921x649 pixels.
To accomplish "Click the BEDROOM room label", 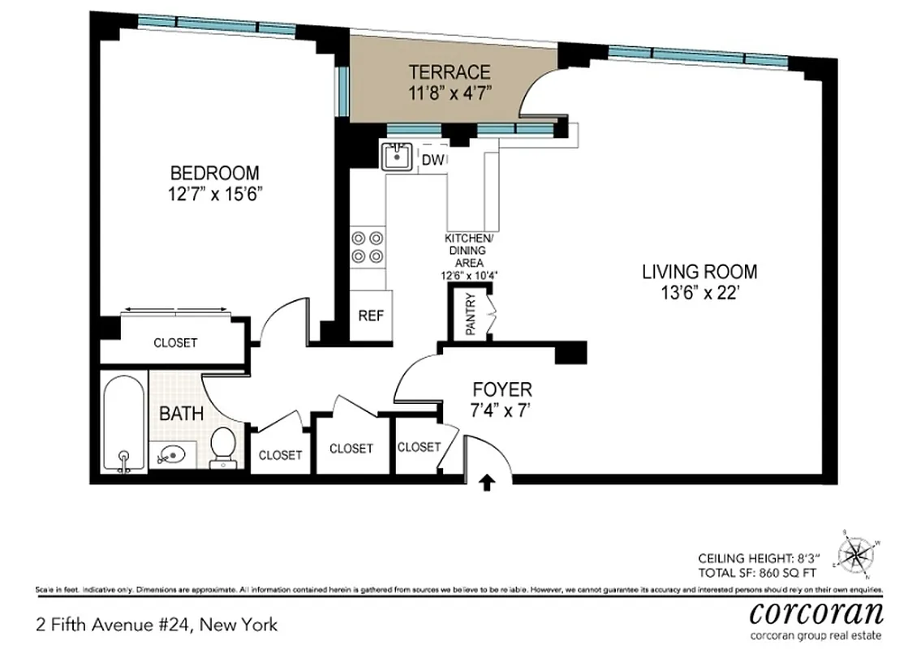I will pos(214,173).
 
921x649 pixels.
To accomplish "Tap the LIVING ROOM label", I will pos(699,272).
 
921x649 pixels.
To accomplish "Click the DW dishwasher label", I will pos(433,161).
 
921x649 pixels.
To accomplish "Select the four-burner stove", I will pos(368,247).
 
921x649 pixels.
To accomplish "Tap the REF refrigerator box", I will pos(371,316).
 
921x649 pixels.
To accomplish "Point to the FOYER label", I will pos(503,389).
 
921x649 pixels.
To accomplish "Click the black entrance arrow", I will pos(487,484).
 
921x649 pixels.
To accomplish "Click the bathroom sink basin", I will pos(172,454).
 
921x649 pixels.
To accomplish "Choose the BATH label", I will pos(181,414).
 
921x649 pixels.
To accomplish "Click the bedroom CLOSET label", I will pos(175,343).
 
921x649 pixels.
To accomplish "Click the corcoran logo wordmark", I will pos(816,612).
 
